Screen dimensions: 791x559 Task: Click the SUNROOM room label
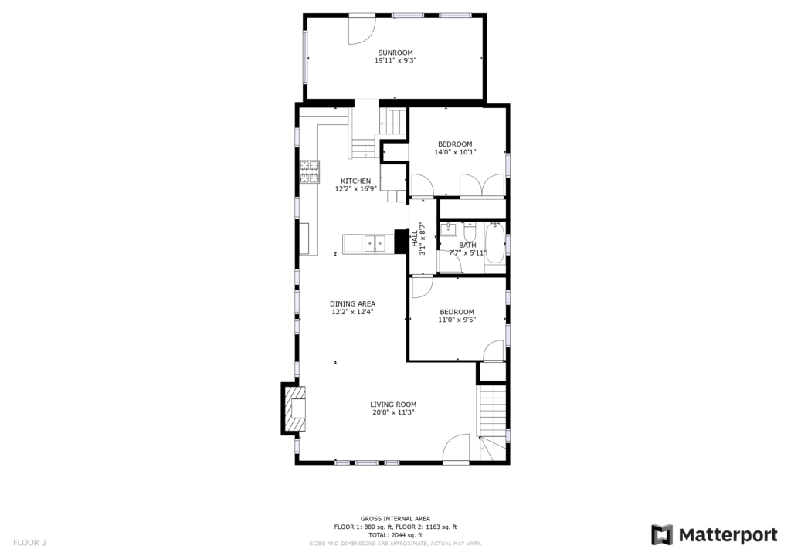(x=395, y=53)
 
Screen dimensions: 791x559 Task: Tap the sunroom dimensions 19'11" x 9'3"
(x=395, y=60)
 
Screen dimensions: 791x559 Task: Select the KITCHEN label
(x=355, y=181)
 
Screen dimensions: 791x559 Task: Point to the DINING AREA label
(x=352, y=304)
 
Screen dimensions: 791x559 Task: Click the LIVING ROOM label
(x=393, y=405)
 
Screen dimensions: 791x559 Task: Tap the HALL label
(x=415, y=239)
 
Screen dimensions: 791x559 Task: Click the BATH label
(x=467, y=246)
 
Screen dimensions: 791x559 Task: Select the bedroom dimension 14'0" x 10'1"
(x=455, y=152)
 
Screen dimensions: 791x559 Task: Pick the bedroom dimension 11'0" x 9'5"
(x=457, y=320)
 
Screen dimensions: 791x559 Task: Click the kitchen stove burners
(x=310, y=171)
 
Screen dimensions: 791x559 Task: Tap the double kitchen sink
(x=375, y=243)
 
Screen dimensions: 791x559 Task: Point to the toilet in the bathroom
(x=470, y=232)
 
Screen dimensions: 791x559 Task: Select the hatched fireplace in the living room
(x=294, y=408)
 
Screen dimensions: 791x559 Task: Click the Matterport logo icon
(x=662, y=535)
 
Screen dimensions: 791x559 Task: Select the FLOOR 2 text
(x=30, y=543)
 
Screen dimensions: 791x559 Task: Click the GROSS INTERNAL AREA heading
(x=395, y=519)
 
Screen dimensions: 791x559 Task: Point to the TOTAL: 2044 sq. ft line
(x=395, y=535)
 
